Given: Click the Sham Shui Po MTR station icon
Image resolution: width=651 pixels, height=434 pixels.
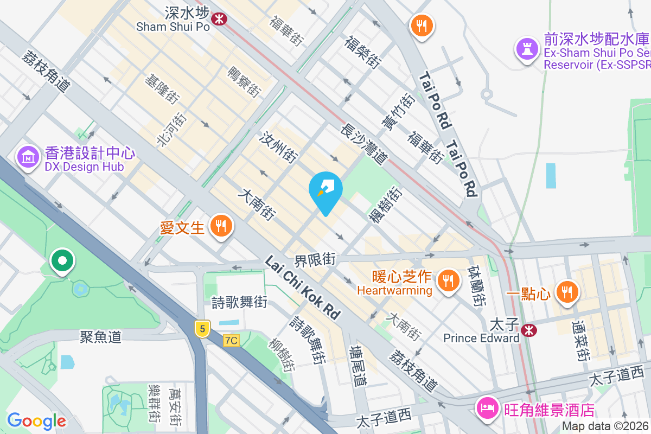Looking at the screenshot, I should [219, 18].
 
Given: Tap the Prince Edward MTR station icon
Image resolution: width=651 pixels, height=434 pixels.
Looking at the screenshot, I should [528, 329].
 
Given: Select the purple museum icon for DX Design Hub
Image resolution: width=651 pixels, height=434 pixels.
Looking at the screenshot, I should [28, 157].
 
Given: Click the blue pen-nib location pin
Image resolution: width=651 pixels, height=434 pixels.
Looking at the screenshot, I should [325, 190].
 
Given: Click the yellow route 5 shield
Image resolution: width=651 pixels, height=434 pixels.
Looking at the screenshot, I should [202, 328].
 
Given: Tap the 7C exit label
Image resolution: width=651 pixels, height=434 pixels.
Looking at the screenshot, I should [231, 340].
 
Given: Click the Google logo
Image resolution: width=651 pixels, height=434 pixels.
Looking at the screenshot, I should [36, 420].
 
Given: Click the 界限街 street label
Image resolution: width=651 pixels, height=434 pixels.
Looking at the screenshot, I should [315, 259].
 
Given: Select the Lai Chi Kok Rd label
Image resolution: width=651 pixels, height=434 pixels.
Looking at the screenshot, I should [302, 288].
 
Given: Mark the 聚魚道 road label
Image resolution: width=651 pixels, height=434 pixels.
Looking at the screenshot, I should [100, 337].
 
